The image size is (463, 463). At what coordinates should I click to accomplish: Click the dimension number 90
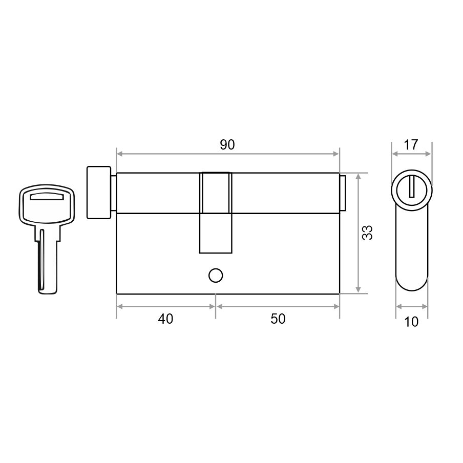227,144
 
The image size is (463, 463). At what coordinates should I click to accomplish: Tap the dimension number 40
165,319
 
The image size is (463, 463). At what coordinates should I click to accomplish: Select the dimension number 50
278,319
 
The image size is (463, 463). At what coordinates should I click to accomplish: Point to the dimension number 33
368,233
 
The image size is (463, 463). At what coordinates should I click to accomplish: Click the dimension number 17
411,144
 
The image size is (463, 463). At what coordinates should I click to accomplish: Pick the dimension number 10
411,322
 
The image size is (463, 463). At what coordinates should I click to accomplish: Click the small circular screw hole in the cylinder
216,276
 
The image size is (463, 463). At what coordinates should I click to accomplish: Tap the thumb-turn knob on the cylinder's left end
99,193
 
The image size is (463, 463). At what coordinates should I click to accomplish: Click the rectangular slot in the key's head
47,197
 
